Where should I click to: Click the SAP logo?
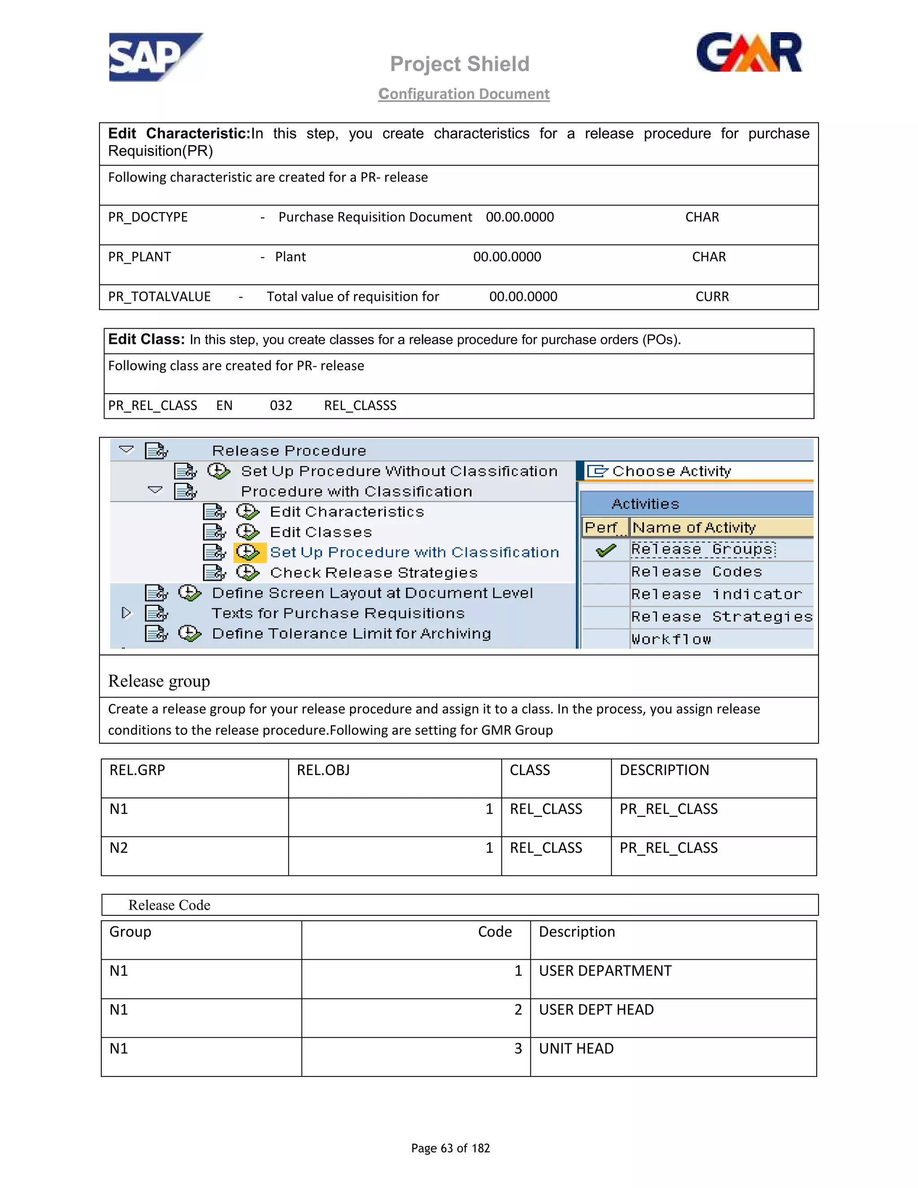(155, 57)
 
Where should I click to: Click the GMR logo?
(749, 53)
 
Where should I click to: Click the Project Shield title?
(459, 64)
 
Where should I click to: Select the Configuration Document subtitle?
(464, 94)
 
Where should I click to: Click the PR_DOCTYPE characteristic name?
(148, 217)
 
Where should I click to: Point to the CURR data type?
(712, 296)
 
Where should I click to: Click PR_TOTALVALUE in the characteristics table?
(159, 296)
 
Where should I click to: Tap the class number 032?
(281, 405)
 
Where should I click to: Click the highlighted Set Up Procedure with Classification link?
(415, 552)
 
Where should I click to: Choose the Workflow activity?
(671, 639)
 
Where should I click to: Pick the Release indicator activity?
(716, 594)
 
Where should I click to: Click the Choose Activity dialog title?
(671, 471)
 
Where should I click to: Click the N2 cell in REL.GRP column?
(119, 847)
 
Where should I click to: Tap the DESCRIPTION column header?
(664, 770)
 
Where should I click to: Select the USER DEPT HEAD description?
(596, 1010)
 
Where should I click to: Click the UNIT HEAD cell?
(576, 1048)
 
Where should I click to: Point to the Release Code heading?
(169, 905)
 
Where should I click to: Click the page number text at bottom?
(450, 1148)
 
